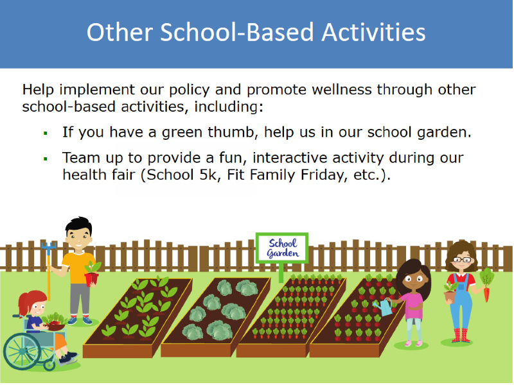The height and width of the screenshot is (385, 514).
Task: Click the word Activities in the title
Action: click(373, 33)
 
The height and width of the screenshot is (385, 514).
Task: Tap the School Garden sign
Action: click(282, 248)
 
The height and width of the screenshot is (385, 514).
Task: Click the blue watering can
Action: click(382, 307)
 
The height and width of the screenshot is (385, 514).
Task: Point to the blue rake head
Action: click(49, 248)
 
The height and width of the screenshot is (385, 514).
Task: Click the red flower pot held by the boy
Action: click(91, 279)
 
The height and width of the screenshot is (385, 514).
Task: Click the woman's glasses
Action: click(463, 260)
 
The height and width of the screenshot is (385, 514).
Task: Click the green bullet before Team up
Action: click(46, 159)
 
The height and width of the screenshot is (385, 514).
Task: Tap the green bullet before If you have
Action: click(46, 133)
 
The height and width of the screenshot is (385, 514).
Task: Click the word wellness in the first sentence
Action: click(341, 89)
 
